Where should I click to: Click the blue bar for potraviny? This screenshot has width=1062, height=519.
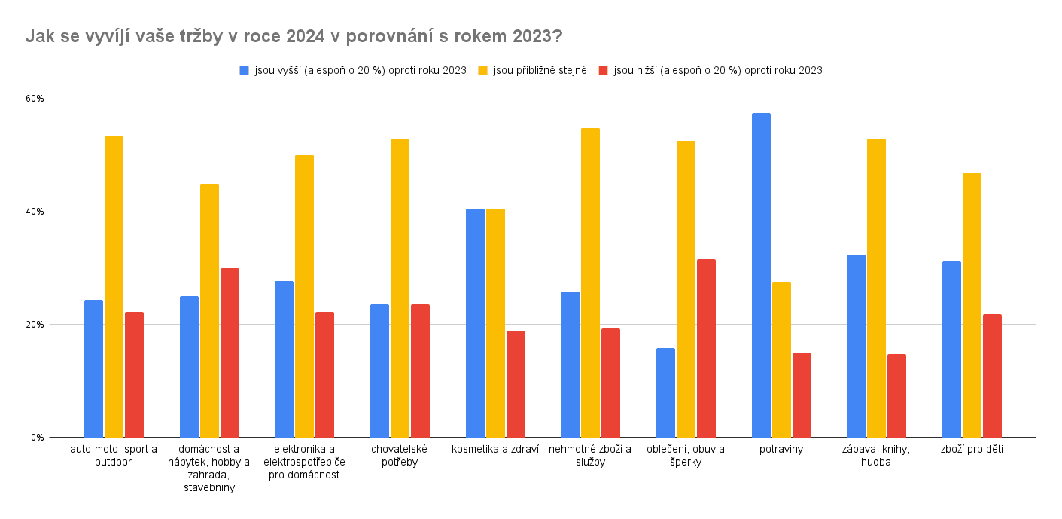(761, 275)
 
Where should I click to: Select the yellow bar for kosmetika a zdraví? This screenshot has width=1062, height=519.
(495, 322)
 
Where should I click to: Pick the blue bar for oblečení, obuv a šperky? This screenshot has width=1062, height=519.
(665, 392)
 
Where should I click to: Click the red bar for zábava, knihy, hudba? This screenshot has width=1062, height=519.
(896, 395)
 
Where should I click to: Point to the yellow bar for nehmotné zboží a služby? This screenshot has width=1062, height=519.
(590, 282)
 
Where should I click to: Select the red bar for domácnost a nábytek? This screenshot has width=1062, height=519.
(230, 353)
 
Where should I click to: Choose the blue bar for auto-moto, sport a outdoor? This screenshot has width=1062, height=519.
(93, 368)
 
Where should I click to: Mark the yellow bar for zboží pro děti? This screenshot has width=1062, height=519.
(972, 305)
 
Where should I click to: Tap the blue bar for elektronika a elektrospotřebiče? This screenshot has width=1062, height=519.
(284, 359)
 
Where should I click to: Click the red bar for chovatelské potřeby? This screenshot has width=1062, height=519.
(420, 371)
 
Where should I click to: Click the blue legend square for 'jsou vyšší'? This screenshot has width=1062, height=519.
(244, 70)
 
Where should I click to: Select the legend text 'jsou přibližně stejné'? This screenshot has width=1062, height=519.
(540, 70)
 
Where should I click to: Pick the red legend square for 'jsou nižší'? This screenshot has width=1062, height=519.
(603, 70)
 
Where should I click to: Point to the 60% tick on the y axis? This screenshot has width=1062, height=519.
(35, 99)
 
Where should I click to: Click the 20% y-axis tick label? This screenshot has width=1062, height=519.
(35, 325)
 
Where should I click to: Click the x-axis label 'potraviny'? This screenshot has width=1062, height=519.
(781, 450)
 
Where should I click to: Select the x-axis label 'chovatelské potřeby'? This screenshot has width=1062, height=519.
(399, 456)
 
